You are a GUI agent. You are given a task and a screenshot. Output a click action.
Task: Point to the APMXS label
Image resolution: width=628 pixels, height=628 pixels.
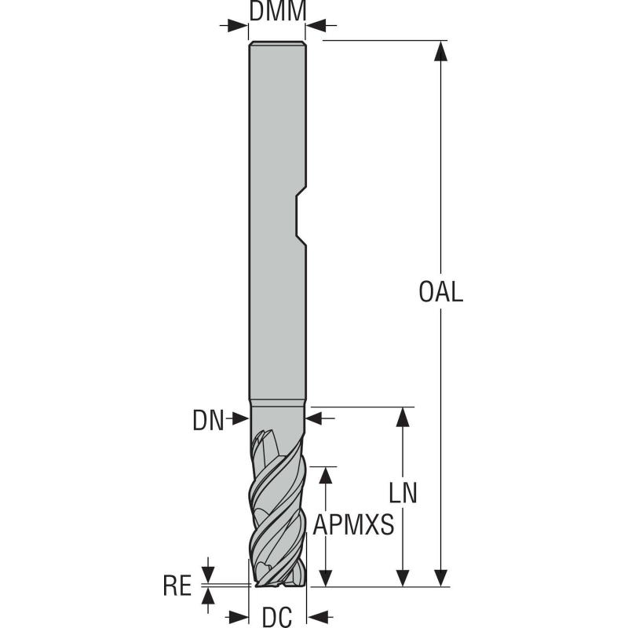pos(352,524)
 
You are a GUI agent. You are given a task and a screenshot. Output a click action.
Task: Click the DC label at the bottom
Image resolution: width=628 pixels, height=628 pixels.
pos(277,618)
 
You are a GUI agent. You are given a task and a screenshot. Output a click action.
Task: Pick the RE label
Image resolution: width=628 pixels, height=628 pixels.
pos(177,586)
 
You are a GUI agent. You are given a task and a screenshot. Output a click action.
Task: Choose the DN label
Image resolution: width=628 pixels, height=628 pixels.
pos(208,422)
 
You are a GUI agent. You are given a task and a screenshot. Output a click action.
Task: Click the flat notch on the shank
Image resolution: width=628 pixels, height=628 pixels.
pos(299,215)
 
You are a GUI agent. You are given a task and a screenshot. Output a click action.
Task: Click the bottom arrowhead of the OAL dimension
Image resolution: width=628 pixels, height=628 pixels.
pos(441,576)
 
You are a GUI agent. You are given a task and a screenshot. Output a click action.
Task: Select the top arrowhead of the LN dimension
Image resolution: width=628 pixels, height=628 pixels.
pos(403,417)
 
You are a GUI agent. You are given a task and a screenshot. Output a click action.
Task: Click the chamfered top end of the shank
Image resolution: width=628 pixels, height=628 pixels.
pos(277,44)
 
